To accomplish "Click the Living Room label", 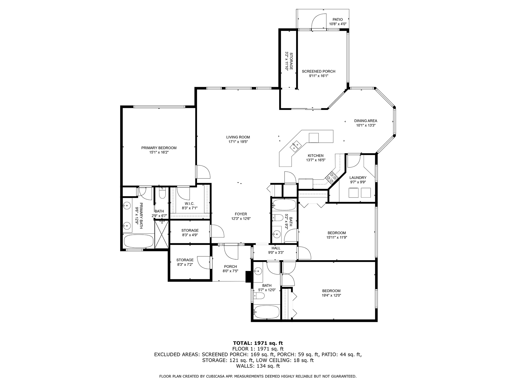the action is point(238,137).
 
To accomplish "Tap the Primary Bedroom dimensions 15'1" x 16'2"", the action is point(159,152).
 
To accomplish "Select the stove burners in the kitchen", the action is point(332,178).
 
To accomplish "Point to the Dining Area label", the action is point(365,121).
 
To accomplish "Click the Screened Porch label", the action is point(318,71).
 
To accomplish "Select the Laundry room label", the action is point(358,178).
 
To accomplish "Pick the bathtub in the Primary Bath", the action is point(138,241).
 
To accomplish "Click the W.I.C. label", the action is point(189,204).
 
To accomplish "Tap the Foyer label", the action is point(241,214).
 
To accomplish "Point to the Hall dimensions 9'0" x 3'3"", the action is point(276,253).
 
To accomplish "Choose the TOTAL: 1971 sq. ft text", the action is point(258,343).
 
